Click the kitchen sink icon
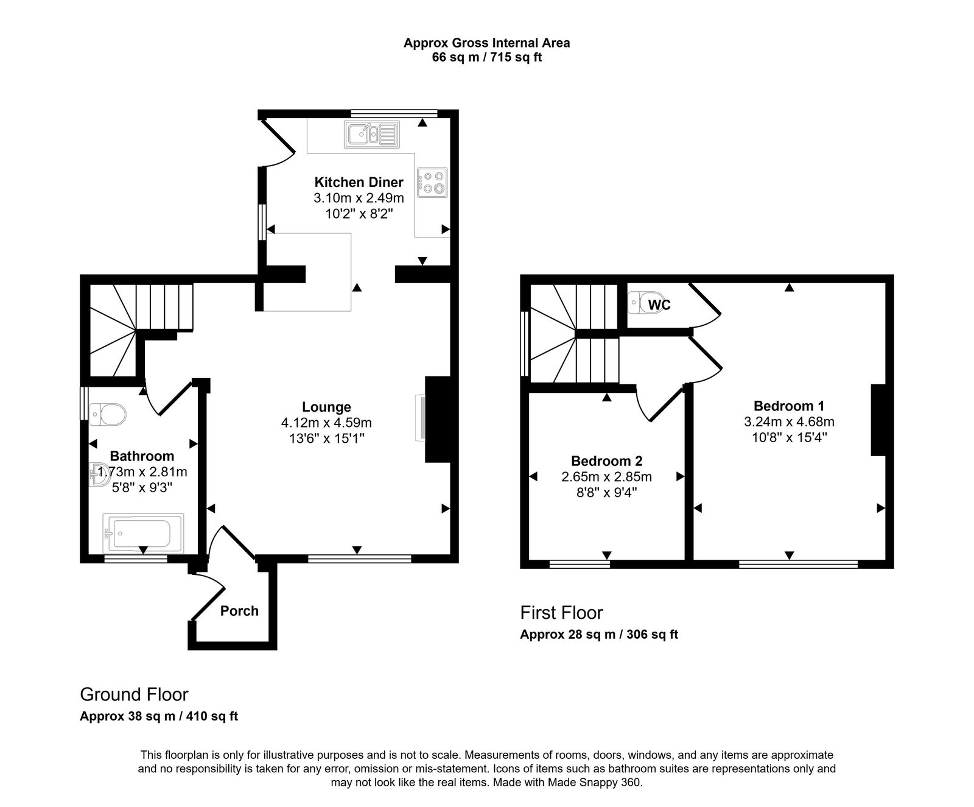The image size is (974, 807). (x=371, y=134)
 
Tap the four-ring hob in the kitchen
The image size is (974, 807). (x=432, y=182)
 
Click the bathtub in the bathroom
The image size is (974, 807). (x=144, y=533)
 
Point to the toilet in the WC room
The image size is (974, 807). (x=636, y=302)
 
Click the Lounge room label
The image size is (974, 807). (x=326, y=407)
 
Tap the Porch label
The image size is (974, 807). (x=239, y=611)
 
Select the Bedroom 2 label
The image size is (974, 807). (x=606, y=461)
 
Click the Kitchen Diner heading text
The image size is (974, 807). (x=359, y=182)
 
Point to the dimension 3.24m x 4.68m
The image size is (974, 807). (x=789, y=421)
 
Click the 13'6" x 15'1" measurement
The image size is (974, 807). (x=326, y=438)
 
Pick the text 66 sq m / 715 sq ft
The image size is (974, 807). (x=486, y=58)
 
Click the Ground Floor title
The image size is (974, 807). (x=134, y=694)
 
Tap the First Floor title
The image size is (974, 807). (x=561, y=612)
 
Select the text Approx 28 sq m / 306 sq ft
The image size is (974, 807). (x=599, y=634)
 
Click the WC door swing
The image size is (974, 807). (x=706, y=305)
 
